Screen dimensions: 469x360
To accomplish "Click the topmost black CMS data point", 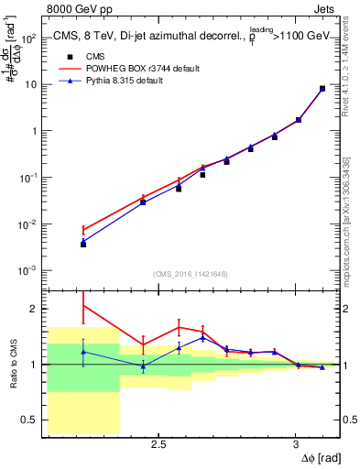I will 322,89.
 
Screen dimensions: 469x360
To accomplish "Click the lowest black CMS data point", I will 83,245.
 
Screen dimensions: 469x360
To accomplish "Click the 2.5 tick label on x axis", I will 158,444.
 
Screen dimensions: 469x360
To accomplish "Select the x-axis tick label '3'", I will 295,444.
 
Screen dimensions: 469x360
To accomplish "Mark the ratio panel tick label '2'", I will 35,309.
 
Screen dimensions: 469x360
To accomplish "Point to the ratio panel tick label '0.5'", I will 31,420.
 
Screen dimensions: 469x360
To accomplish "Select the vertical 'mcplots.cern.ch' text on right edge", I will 351,229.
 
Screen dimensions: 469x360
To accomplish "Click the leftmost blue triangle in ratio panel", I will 83,352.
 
